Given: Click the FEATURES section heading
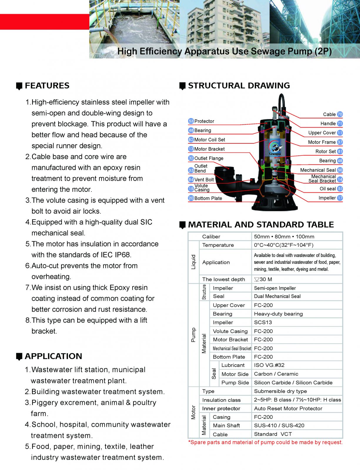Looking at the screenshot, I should [47, 86].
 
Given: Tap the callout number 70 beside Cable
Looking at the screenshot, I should [340, 114].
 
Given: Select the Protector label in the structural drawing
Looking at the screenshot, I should [204, 121].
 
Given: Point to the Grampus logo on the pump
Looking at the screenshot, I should [275, 149].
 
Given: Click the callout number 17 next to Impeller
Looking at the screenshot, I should [340, 198].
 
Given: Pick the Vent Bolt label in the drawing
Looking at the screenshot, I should [204, 179].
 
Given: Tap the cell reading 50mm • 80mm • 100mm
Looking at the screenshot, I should [284, 237].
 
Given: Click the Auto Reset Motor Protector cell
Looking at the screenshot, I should [288, 409].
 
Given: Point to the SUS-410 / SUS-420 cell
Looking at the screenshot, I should [279, 426].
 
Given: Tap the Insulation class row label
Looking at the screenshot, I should [221, 400].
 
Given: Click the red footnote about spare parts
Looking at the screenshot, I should [265, 442].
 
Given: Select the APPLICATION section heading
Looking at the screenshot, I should [53, 356].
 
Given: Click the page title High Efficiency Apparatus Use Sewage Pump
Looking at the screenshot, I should [225, 51].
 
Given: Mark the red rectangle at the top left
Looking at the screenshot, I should [44, 22].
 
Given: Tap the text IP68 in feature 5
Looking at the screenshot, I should [123, 255].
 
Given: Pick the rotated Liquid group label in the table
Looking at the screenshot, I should [193, 262].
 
